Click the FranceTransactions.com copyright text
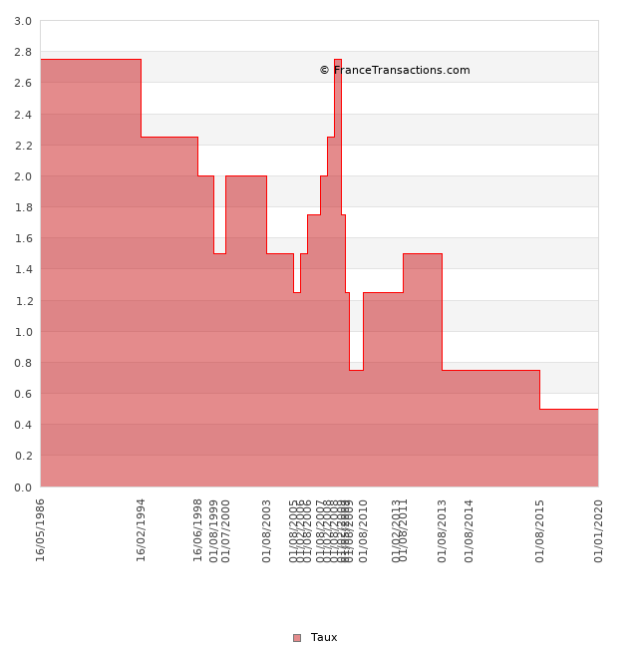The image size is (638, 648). (395, 71)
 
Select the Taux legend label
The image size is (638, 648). (324, 638)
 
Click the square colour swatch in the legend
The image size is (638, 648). (297, 638)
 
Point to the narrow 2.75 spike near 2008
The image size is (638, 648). (338, 61)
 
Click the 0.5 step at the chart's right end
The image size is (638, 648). (568, 409)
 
